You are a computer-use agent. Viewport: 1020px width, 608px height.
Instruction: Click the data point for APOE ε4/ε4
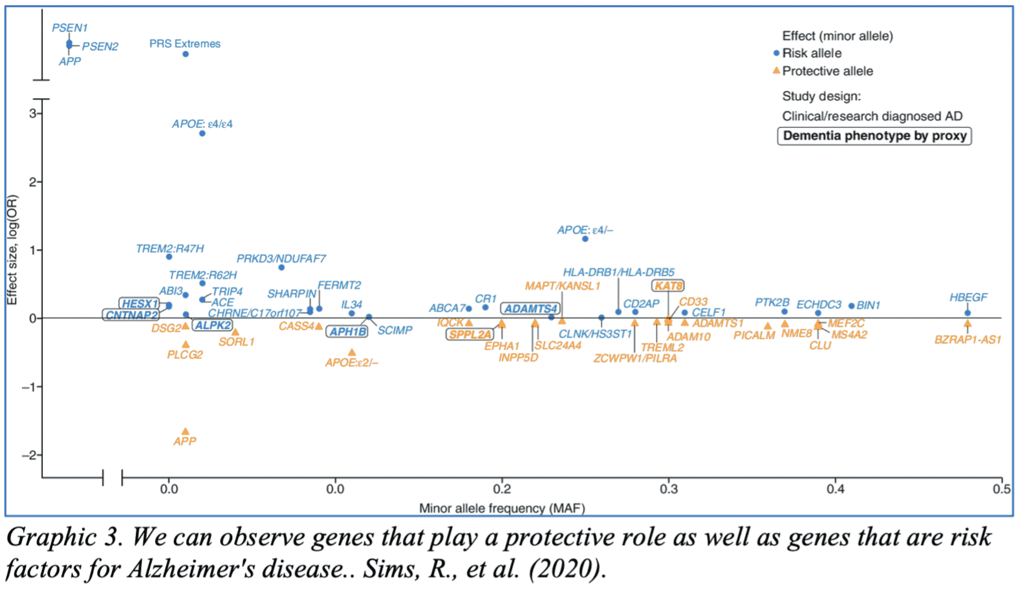tap(202, 134)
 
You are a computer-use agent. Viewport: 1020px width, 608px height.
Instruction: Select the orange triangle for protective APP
tap(185, 431)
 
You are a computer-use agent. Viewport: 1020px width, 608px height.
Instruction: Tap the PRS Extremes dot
tap(186, 54)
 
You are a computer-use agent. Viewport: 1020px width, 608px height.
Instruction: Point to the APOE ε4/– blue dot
tap(585, 239)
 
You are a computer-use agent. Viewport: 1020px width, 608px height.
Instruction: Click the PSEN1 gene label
tap(70, 28)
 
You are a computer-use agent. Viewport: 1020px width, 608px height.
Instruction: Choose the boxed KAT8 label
tap(668, 285)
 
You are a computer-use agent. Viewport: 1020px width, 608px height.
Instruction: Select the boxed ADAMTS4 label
tap(530, 309)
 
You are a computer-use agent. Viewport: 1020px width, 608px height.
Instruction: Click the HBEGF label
tap(968, 297)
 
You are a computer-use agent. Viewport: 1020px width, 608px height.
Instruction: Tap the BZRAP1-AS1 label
tap(968, 340)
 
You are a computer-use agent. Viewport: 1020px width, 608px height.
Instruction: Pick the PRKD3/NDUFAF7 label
tap(281, 258)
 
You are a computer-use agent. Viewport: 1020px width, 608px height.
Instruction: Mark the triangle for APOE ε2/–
tap(352, 352)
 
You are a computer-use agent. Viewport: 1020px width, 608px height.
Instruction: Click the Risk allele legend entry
tap(812, 53)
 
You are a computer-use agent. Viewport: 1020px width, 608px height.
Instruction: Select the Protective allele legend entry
tap(827, 71)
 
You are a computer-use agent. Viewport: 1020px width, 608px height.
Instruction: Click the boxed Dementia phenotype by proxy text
tap(875, 136)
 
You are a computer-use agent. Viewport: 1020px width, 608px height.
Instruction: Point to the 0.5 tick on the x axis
tap(1001, 488)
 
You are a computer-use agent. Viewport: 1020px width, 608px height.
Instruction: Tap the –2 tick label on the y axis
tap(29, 455)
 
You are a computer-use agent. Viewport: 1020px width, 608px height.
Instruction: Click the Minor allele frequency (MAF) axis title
tap(502, 508)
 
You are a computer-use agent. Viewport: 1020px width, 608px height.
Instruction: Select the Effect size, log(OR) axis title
tap(12, 250)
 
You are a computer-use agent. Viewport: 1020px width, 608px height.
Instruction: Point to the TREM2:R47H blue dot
tap(169, 257)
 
